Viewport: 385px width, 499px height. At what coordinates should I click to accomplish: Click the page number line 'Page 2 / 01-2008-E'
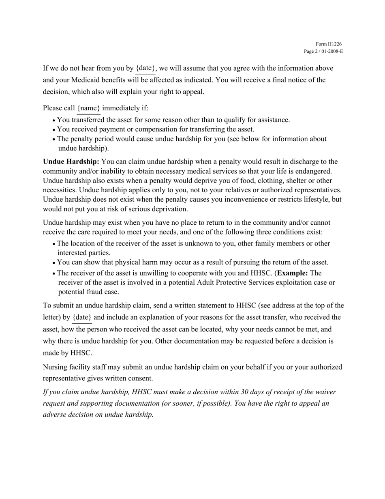click(323, 52)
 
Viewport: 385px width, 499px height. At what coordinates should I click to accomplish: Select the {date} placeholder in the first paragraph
click(145, 68)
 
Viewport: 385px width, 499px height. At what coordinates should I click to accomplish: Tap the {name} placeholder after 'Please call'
click(88, 108)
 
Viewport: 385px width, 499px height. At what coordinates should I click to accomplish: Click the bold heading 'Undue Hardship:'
click(71, 162)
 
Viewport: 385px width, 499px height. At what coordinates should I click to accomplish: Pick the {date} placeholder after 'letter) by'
click(81, 318)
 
